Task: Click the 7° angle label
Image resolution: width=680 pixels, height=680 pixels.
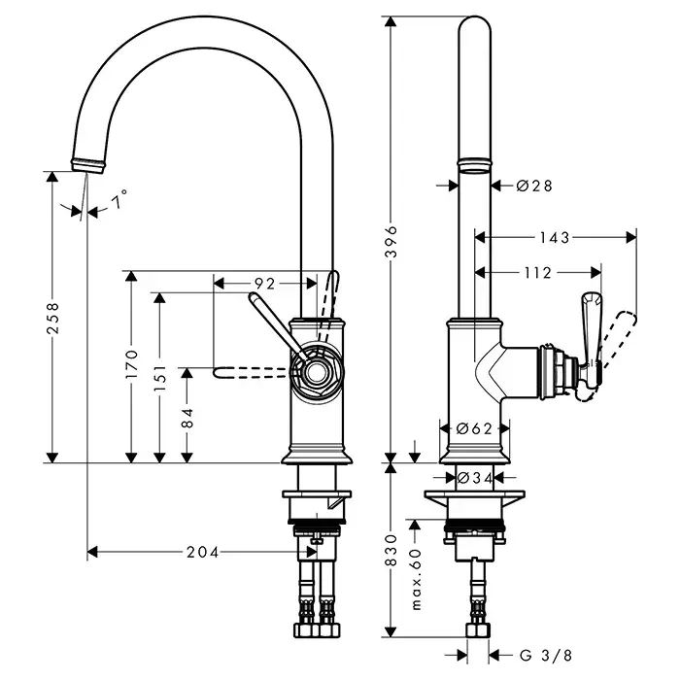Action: point(119,202)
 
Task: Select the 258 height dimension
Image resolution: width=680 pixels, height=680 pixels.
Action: point(52,317)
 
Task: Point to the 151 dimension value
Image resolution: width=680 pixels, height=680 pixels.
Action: point(161,375)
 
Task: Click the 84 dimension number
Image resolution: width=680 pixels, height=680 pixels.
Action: point(189,417)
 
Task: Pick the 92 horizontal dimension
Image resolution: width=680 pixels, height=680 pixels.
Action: point(264,284)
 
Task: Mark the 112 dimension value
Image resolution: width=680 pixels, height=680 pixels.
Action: point(536,273)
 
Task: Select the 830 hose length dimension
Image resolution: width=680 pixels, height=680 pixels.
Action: point(392,551)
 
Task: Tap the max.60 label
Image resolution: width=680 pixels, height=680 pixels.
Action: point(416,579)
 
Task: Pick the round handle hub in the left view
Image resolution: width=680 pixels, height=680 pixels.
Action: point(314,371)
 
